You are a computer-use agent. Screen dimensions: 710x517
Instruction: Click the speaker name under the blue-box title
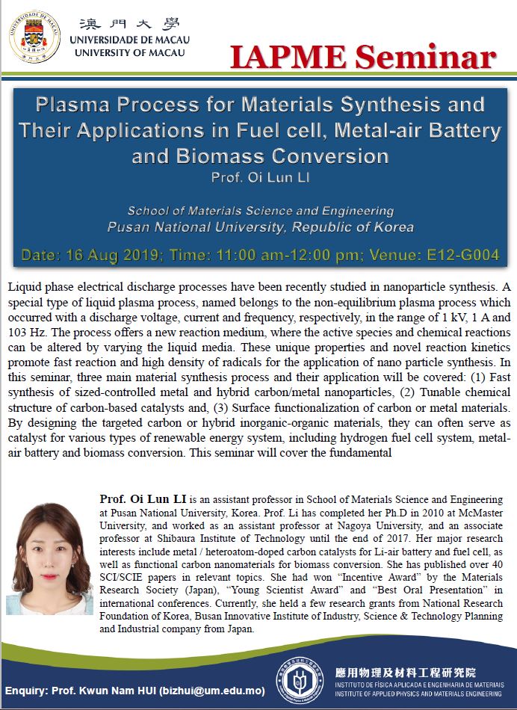[x=258, y=179]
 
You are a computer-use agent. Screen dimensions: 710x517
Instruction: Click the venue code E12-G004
[x=456, y=256]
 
